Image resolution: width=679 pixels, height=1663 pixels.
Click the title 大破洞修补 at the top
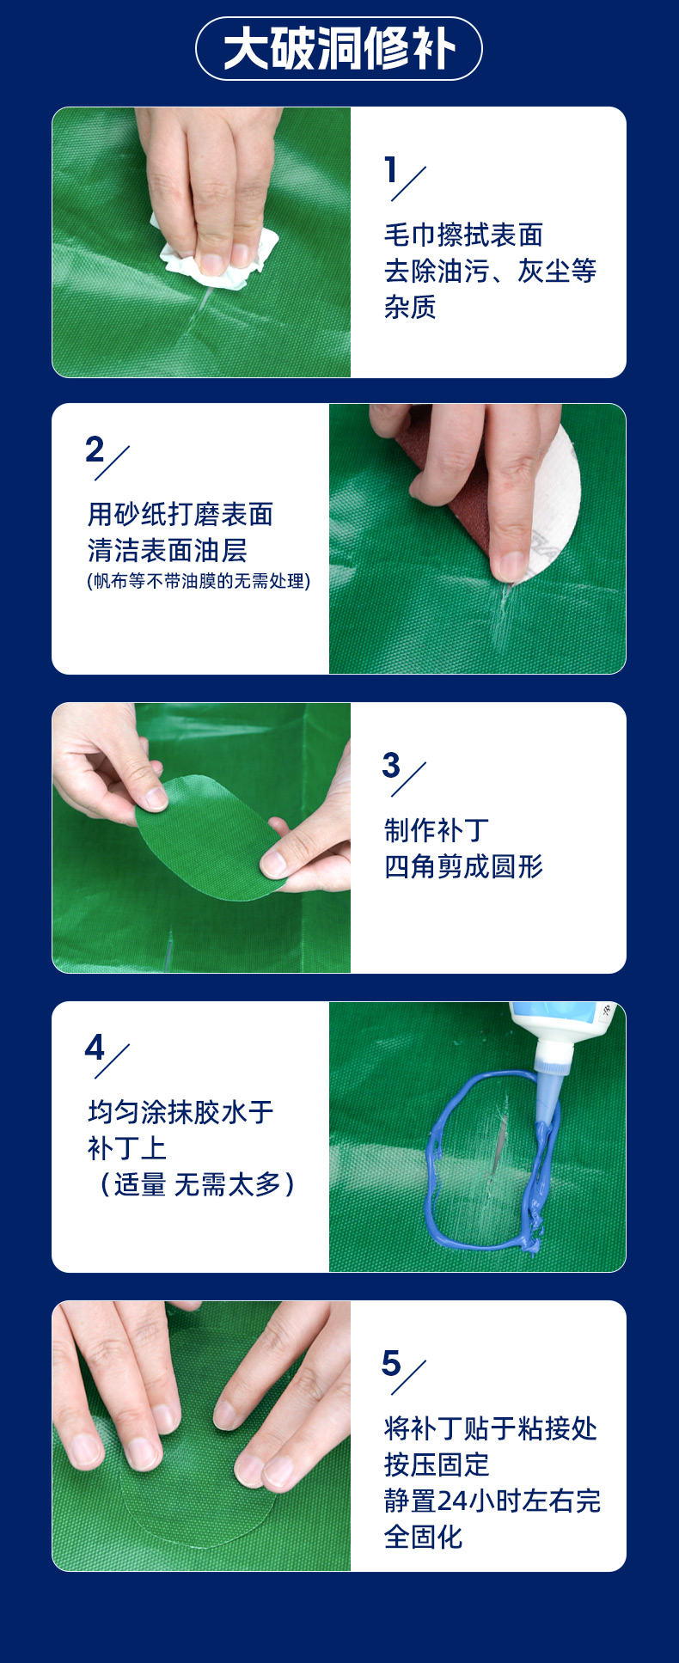pyautogui.click(x=339, y=49)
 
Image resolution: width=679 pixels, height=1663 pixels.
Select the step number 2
pyautogui.click(x=95, y=449)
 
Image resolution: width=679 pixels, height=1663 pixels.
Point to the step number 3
pyautogui.click(x=391, y=764)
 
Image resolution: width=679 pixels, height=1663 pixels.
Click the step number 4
pyautogui.click(x=95, y=1048)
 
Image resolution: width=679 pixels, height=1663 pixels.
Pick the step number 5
pyautogui.click(x=391, y=1363)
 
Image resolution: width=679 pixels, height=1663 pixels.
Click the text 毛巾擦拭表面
pyautogui.click(x=463, y=235)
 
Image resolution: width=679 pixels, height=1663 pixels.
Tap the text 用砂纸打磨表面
pyautogui.click(x=180, y=514)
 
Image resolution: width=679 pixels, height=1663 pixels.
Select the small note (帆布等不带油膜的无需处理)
pyautogui.click(x=199, y=581)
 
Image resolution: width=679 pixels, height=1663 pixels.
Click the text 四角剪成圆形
pyautogui.click(x=463, y=866)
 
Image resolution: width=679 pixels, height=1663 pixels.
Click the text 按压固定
pyautogui.click(x=437, y=1464)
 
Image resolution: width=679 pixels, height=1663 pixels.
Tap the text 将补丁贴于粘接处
pyautogui.click(x=490, y=1428)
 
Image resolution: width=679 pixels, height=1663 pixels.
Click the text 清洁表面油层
pyautogui.click(x=168, y=550)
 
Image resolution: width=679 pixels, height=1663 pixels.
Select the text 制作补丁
pyautogui.click(x=437, y=830)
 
